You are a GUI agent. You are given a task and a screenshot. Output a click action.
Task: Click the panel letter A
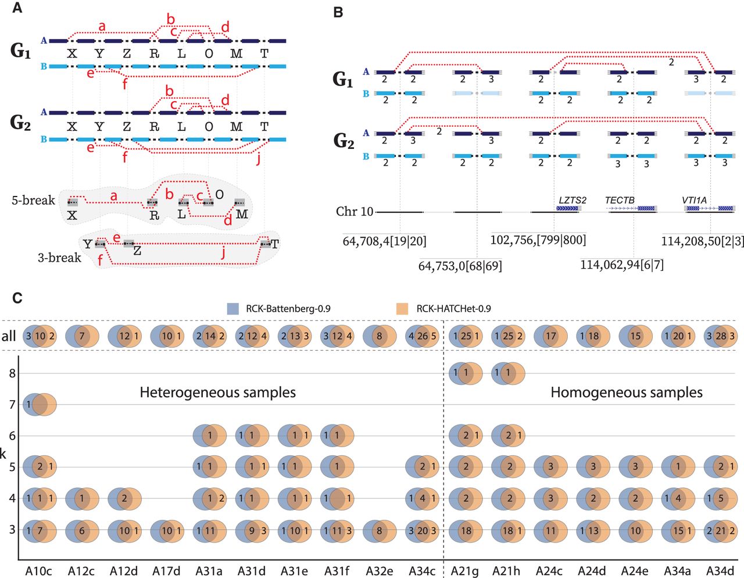click(17, 9)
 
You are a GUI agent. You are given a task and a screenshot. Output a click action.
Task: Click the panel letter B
click(338, 12)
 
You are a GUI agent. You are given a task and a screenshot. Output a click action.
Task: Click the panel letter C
click(17, 298)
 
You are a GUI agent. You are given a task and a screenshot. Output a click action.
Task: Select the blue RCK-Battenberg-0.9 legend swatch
click(233, 309)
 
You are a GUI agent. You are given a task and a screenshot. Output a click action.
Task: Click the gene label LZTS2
click(573, 200)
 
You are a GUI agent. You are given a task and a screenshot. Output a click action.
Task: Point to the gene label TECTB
click(620, 200)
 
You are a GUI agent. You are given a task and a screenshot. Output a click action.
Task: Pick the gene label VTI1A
click(694, 200)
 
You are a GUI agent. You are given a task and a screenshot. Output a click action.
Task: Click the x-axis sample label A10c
click(38, 571)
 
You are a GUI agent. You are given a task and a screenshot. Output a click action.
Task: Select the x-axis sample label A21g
click(464, 571)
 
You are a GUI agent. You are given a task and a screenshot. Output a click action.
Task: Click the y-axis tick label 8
click(12, 373)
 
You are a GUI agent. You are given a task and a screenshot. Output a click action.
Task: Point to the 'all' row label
click(9, 336)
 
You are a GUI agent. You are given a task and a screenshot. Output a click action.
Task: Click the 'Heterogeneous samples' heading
click(217, 393)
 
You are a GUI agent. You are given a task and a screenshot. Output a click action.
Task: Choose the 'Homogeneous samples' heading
click(626, 393)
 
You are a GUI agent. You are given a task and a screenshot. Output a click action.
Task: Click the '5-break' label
click(33, 201)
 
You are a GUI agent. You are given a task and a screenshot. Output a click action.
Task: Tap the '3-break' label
click(59, 258)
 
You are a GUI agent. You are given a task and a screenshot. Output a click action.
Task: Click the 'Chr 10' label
click(354, 211)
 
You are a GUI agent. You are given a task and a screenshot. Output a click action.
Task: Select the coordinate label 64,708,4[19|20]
click(384, 240)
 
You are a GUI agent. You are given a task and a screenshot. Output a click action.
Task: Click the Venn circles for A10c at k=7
click(39, 405)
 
